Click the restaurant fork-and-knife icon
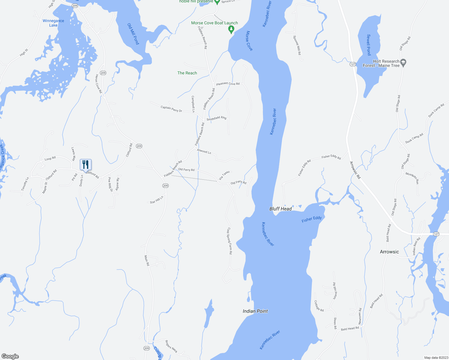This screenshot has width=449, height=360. point(86,164)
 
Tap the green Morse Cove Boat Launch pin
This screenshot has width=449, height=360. point(231,29)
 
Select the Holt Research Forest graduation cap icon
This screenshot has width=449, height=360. point(403,62)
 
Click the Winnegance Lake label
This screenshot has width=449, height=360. point(53,23)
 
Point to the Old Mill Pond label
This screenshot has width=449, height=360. point(133,34)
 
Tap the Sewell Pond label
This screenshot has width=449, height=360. point(369,45)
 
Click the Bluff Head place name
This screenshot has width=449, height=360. point(280,209)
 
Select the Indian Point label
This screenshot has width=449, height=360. point(255,311)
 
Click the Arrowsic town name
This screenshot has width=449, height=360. point(389,252)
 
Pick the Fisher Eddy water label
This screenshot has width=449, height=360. point(312,219)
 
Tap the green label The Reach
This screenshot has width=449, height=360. point(187,73)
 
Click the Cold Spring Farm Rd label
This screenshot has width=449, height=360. point(229,241)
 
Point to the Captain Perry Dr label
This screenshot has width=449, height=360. point(171,109)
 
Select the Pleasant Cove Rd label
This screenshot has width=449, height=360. point(228,84)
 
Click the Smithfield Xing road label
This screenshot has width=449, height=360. point(216,118)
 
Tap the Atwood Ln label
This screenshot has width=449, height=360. point(204,151)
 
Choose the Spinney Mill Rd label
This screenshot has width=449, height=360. point(297,45)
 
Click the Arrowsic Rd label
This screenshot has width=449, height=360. point(355,170)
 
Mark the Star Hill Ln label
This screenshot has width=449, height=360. point(157,200)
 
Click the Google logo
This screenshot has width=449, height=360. point(10,356)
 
